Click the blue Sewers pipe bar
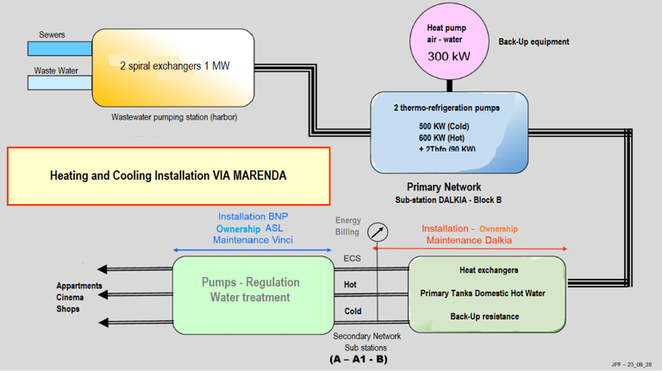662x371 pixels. pos(60,50)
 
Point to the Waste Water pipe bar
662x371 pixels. pos(60,83)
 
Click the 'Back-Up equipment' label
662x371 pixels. pos(534,41)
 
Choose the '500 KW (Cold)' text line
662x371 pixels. pos(444,127)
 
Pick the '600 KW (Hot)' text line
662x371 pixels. pos(441,138)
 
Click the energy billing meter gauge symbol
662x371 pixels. pos(377,232)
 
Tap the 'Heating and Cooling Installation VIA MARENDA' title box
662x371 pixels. pos(169,176)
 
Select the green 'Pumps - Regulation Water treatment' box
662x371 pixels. pos(251,290)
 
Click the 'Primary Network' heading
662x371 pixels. pos(444,187)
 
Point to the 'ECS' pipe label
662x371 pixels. pos(353,258)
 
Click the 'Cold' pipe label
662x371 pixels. pos(353,312)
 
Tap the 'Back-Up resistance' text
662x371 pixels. pos(484,317)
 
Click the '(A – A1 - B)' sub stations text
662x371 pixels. pos(359,359)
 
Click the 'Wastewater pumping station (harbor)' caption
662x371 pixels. pos(174,117)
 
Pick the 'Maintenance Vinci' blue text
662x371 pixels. pos(253,240)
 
